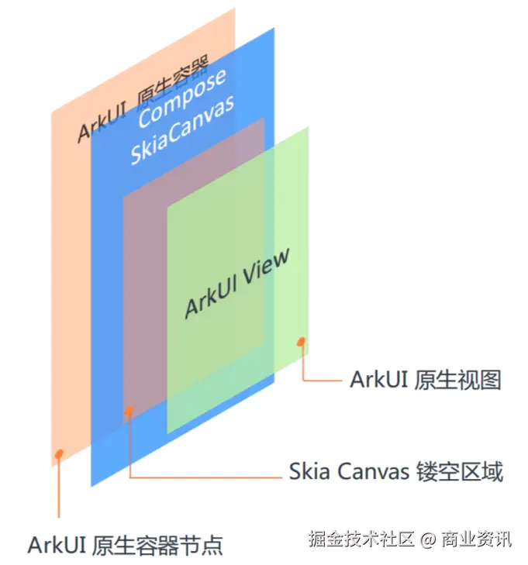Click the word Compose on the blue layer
(x=183, y=99)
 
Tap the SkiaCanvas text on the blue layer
(x=183, y=132)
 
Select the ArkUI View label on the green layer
(x=237, y=283)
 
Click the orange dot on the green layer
(x=301, y=340)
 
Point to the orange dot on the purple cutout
(x=129, y=410)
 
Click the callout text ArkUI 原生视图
(x=426, y=380)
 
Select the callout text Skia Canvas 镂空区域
(x=395, y=471)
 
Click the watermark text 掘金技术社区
(x=361, y=538)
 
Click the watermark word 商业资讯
(x=477, y=538)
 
